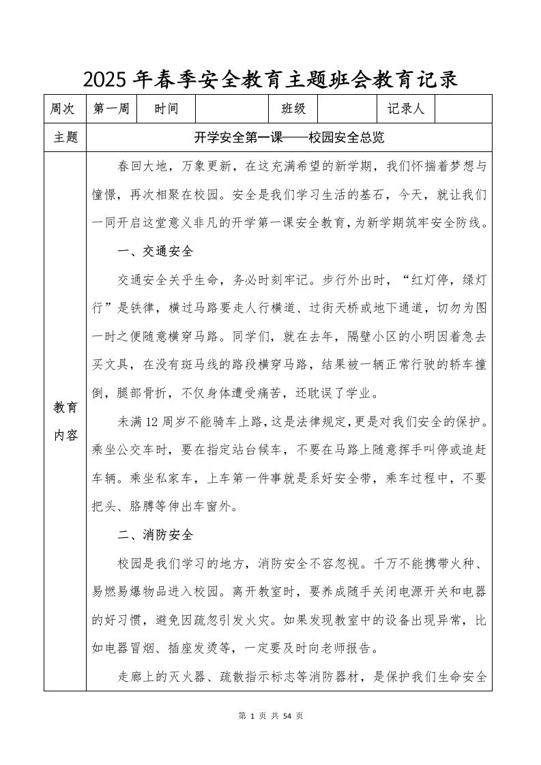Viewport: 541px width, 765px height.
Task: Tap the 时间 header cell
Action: pos(166,109)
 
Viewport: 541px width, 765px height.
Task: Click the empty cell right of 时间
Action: pos(233,109)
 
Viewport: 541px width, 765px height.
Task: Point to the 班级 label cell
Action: pos(293,109)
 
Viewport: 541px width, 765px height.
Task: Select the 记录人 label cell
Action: pos(405,109)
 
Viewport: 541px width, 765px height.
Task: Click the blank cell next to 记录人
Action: pos(463,109)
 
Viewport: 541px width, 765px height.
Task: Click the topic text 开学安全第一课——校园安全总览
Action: pos(290,138)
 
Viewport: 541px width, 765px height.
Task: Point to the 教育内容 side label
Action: pos(66,421)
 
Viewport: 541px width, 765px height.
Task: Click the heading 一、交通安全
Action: pos(156,252)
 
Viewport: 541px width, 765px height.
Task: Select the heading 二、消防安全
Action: pos(156,535)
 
